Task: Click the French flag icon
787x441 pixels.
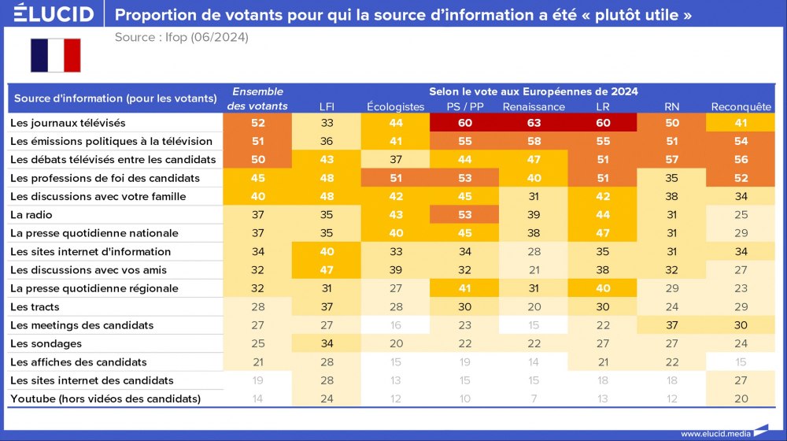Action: coord(55,55)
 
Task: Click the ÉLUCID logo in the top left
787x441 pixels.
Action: coord(54,14)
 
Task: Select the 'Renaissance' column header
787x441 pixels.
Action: coord(534,107)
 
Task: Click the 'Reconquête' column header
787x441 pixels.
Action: coord(741,107)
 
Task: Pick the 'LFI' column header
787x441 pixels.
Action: coord(327,107)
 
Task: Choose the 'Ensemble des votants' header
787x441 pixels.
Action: coord(257,98)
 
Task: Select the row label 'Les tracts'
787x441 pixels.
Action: coord(35,306)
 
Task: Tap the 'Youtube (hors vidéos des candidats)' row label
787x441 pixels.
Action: coord(105,398)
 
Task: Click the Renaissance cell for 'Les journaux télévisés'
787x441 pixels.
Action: coord(534,123)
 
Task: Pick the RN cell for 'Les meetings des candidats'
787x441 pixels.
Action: coord(671,325)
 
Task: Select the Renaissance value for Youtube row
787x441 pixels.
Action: coord(534,398)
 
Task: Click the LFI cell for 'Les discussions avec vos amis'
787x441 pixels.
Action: coord(327,270)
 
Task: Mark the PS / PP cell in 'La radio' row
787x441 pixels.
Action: coord(464,214)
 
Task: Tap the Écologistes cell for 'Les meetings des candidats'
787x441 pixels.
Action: coord(395,325)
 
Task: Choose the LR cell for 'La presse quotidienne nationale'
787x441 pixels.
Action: coord(602,233)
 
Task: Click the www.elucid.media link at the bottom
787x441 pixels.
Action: coord(715,433)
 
